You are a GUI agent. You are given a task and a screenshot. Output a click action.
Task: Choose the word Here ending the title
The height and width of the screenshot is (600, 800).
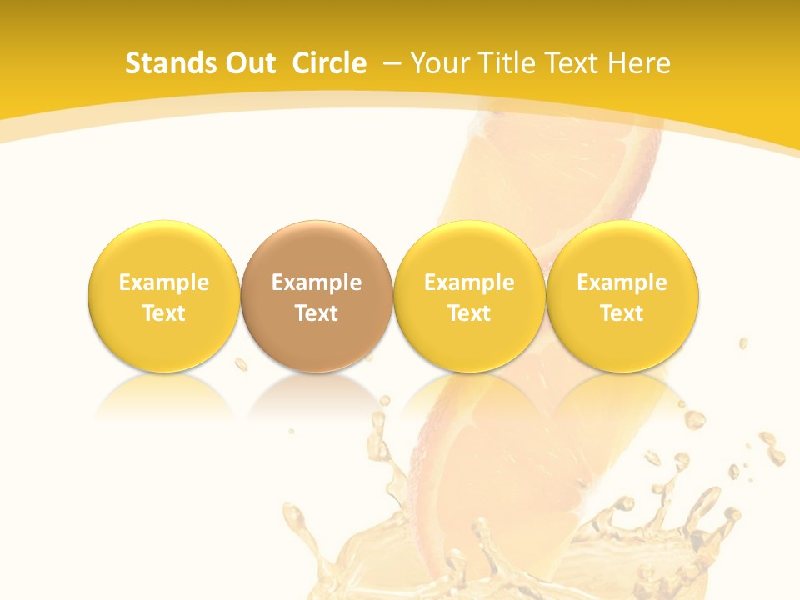coord(638,63)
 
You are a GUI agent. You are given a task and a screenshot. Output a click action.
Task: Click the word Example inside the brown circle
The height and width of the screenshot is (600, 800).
coord(317,282)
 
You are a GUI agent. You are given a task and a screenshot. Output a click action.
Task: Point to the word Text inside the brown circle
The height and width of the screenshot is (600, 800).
coord(317,313)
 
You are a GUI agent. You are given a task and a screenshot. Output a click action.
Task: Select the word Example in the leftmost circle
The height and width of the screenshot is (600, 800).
coord(164,282)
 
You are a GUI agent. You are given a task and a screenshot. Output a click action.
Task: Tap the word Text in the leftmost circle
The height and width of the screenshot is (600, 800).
coord(164,313)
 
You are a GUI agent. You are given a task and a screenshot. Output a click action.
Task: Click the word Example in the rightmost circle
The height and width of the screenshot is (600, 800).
coord(622,282)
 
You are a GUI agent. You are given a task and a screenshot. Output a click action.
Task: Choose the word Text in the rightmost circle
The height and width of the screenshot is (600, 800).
coord(622,313)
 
